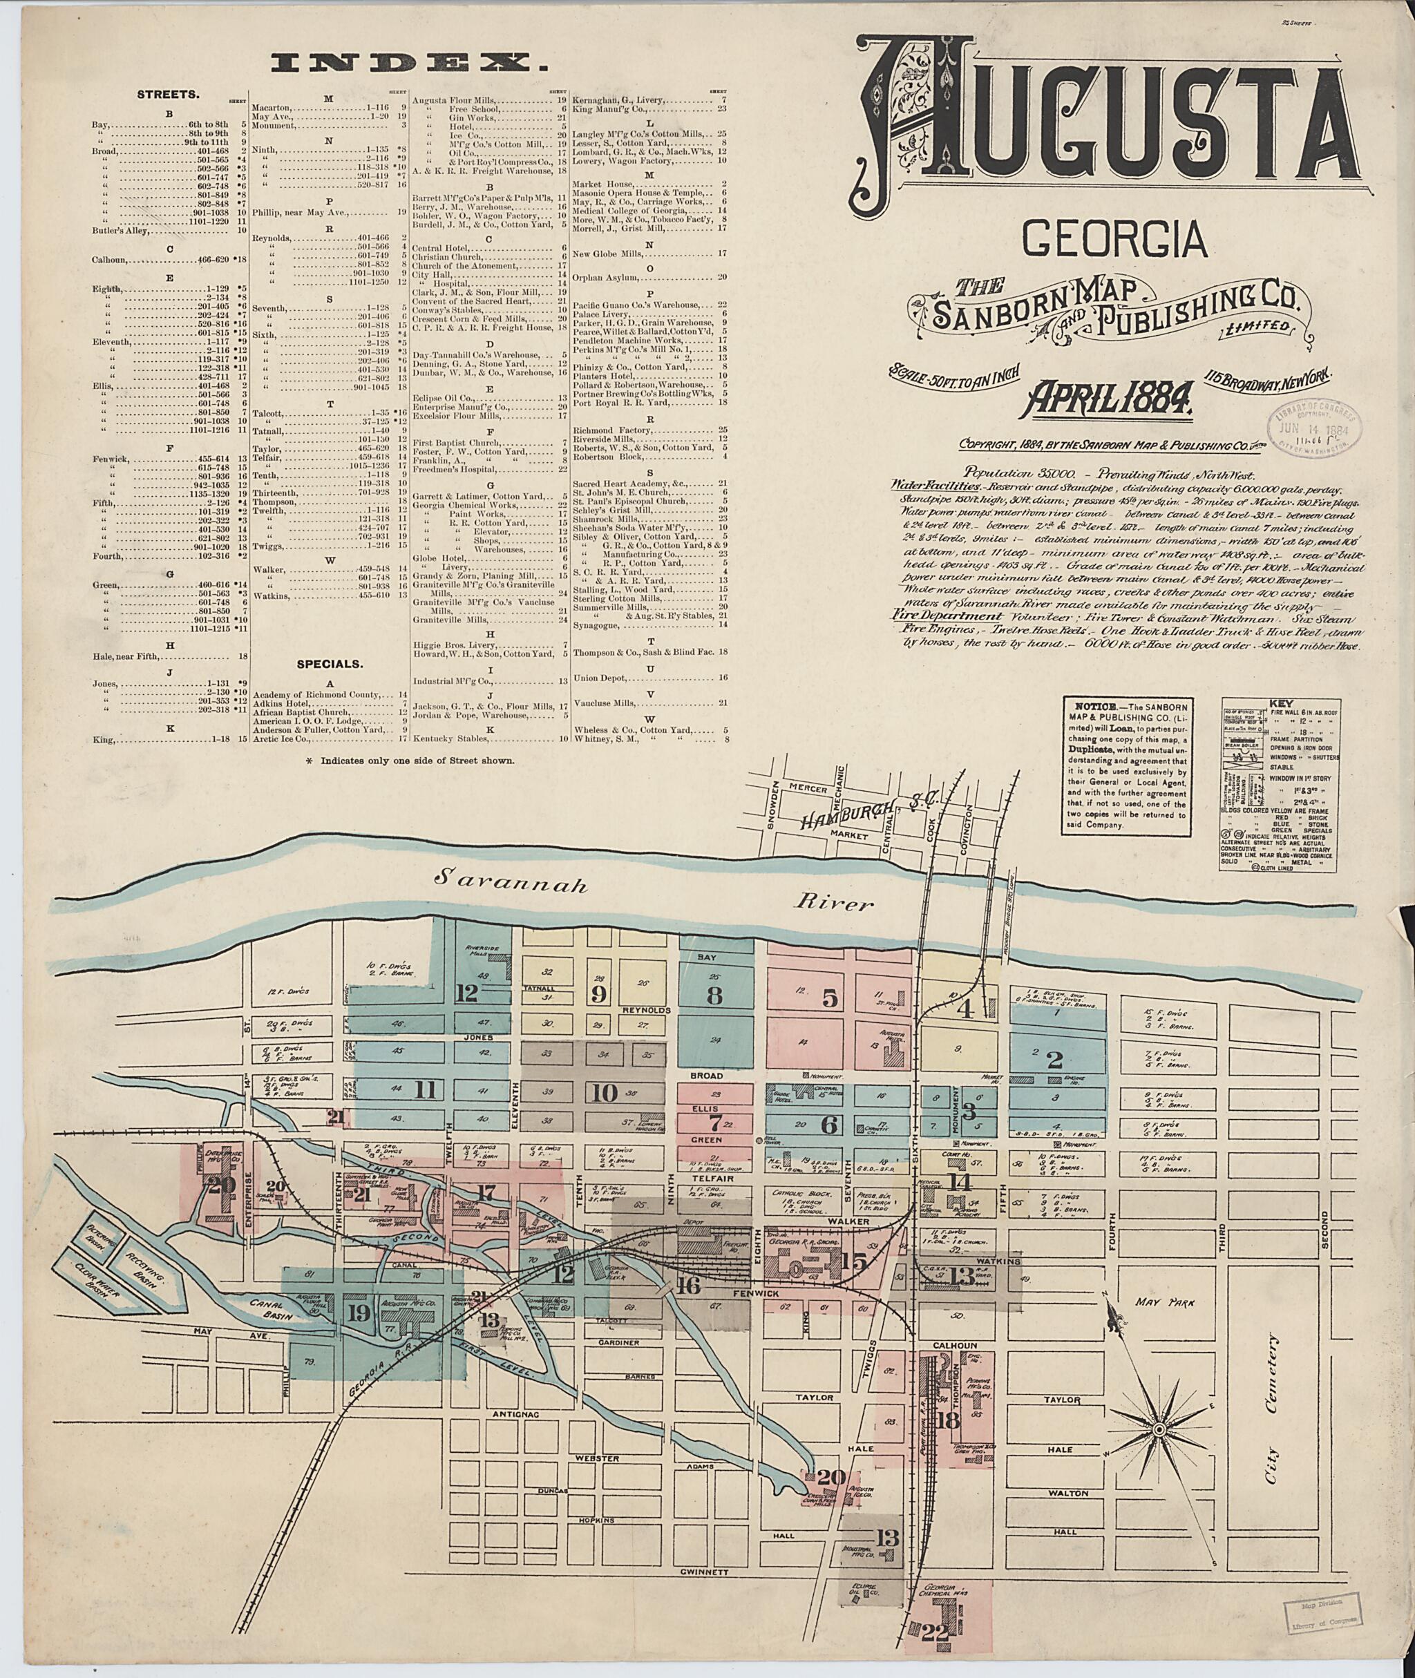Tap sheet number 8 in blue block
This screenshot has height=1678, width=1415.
(x=714, y=995)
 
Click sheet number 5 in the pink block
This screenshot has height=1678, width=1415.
(x=830, y=999)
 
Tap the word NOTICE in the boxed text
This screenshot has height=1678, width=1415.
(x=1092, y=706)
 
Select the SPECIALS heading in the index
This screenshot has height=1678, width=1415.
(x=330, y=664)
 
